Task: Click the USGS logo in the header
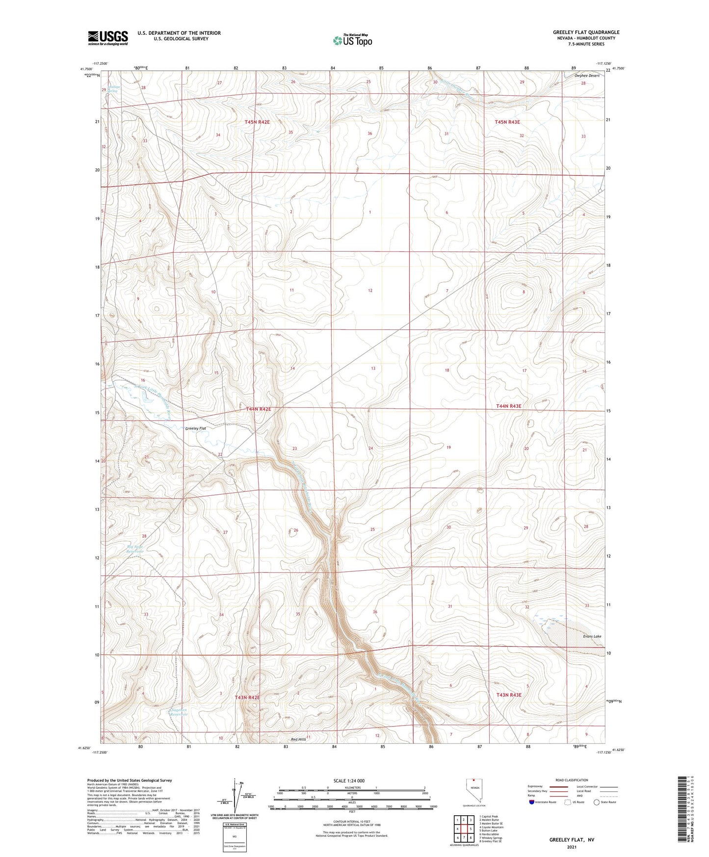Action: tap(107, 38)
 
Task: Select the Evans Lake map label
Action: tap(592, 636)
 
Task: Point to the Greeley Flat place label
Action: tap(195, 428)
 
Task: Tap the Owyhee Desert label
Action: tap(587, 76)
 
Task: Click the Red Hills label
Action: tap(298, 739)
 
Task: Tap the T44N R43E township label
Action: tap(508, 406)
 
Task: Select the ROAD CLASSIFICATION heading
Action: tap(572, 780)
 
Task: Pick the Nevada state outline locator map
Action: tap(473, 790)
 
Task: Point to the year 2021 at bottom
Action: tap(571, 848)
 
